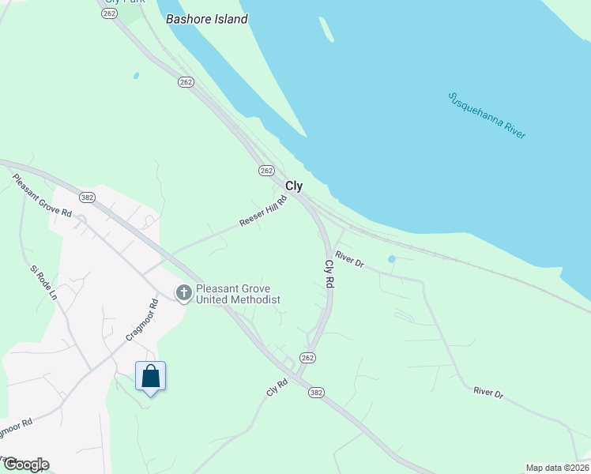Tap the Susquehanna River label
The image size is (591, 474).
click(x=487, y=115)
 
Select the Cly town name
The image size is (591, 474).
click(x=294, y=186)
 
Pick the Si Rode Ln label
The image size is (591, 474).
click(x=43, y=282)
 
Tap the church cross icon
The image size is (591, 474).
click(x=183, y=294)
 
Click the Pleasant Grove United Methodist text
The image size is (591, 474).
click(x=238, y=294)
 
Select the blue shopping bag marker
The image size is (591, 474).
click(x=150, y=378)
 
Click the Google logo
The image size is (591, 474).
click(x=25, y=465)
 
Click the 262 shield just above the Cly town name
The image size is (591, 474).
click(x=266, y=171)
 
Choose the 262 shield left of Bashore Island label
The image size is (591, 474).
click(x=110, y=14)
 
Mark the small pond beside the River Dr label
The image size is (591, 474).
click(x=391, y=259)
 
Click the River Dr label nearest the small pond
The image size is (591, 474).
click(x=348, y=258)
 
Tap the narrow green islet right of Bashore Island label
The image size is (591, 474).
click(x=326, y=29)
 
